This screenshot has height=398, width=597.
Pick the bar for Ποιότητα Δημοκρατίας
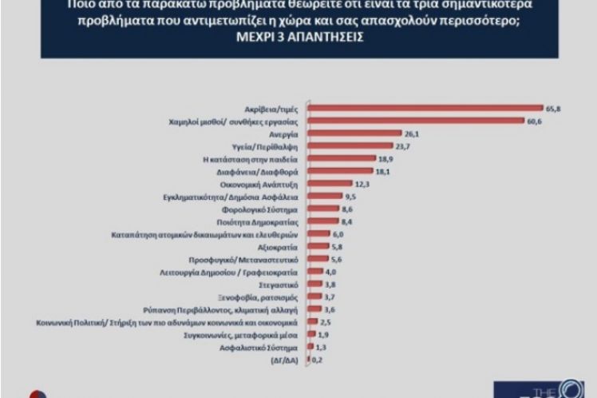316,222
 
